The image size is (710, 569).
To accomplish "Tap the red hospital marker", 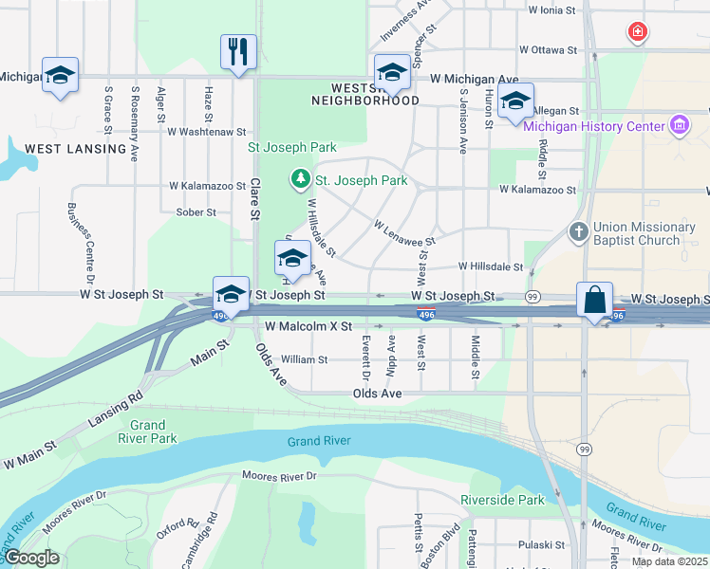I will click(638, 33).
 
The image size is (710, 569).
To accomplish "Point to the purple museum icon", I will click(679, 125).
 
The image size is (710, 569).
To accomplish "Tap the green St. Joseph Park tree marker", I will click(300, 178).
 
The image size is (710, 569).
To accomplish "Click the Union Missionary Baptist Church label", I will click(645, 234).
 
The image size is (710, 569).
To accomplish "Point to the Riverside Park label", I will click(502, 500).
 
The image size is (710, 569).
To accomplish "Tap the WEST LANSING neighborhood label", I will click(75, 149).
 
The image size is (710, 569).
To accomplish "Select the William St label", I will click(304, 359).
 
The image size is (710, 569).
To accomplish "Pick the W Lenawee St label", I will click(403, 234).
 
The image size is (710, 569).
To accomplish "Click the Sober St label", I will click(196, 211).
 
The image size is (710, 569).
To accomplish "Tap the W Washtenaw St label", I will click(206, 132).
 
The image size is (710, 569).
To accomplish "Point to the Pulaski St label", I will click(541, 545).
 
